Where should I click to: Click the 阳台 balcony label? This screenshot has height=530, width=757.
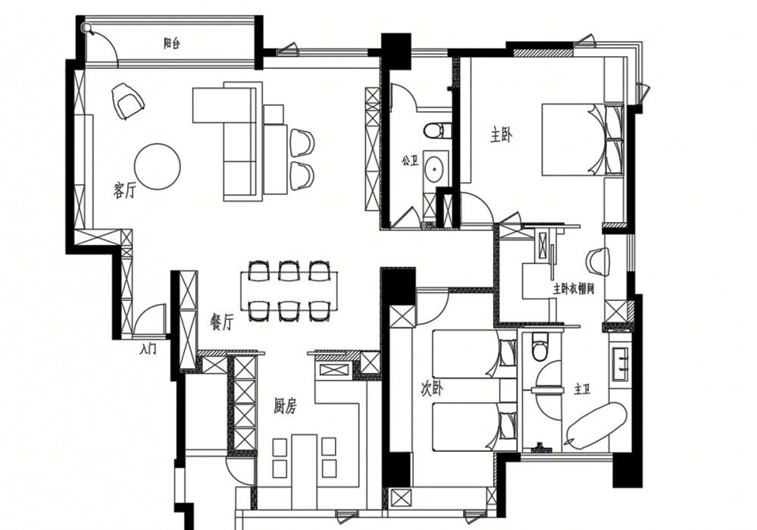[172, 44]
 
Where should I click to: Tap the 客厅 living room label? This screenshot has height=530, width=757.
[124, 190]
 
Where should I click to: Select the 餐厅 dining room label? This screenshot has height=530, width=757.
[222, 321]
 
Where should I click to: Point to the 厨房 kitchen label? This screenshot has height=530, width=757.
[285, 406]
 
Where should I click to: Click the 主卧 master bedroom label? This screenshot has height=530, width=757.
[501, 136]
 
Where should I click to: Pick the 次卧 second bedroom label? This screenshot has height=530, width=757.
[432, 389]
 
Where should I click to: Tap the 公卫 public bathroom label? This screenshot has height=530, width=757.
[410, 161]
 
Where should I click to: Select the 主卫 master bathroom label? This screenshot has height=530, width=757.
[582, 389]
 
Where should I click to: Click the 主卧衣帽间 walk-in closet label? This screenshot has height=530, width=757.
[574, 289]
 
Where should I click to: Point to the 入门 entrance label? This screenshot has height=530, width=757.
[148, 348]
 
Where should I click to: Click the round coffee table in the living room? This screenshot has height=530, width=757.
[158, 166]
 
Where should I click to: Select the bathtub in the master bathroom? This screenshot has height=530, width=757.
[596, 424]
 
